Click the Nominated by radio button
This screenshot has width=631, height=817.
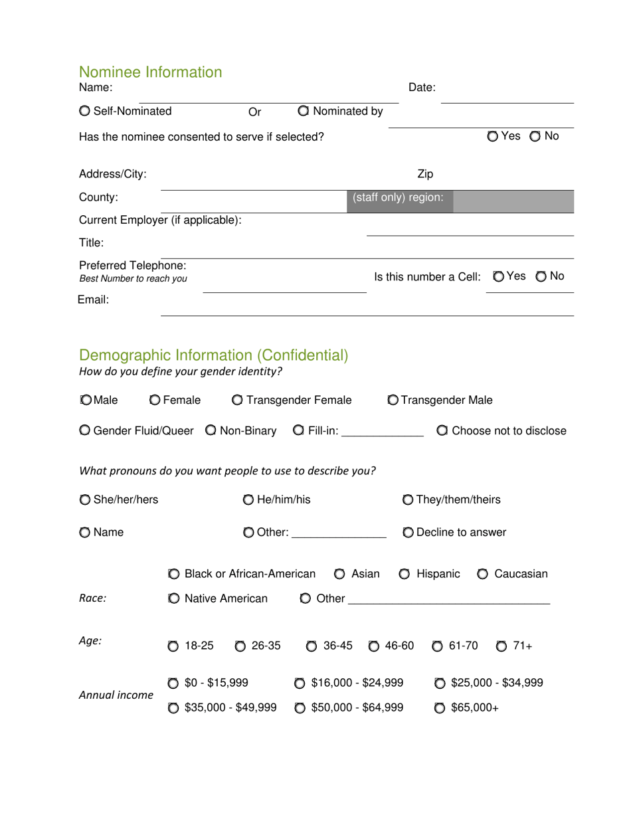click(x=304, y=112)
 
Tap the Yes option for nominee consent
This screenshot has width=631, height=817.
click(x=493, y=137)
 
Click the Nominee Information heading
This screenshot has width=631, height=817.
click(x=151, y=72)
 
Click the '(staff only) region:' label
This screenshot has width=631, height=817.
click(x=398, y=198)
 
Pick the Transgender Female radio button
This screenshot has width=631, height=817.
click(x=238, y=401)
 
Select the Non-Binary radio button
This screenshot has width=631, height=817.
click(x=211, y=431)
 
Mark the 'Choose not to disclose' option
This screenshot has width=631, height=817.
click(x=443, y=431)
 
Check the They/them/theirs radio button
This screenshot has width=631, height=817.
click(x=408, y=500)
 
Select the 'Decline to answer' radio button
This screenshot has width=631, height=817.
click(x=408, y=533)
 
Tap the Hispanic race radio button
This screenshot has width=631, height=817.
click(x=405, y=575)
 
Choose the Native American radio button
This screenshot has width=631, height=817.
click(x=174, y=599)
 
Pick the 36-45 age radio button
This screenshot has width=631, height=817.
click(x=312, y=646)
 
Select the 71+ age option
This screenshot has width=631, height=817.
click(x=502, y=646)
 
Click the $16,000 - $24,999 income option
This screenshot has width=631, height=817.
click(x=300, y=683)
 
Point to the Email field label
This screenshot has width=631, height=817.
click(x=93, y=300)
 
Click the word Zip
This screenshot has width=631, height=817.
click(x=425, y=175)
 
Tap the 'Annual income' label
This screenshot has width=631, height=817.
click(x=116, y=695)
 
